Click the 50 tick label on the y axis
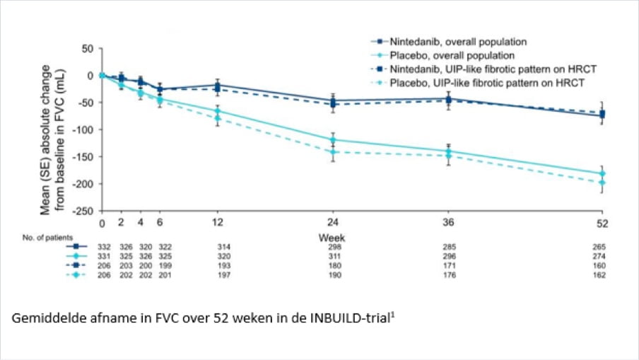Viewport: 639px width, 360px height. tap(88, 48)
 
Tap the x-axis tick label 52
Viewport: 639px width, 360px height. tap(602, 223)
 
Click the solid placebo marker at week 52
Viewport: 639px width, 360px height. tap(602, 173)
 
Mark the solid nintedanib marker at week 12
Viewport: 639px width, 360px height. tap(217, 85)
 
